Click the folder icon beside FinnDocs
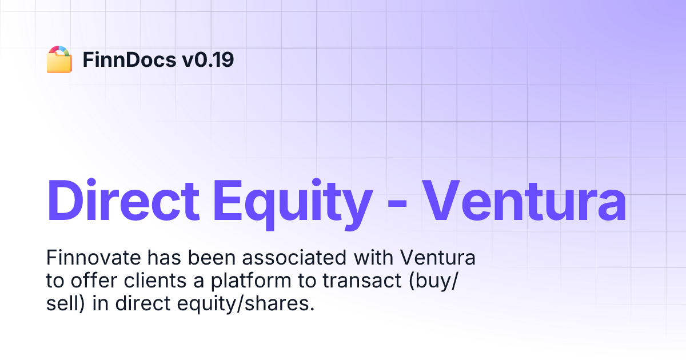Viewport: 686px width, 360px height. [x=59, y=59]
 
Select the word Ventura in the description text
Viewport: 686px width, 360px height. [x=438, y=258]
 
